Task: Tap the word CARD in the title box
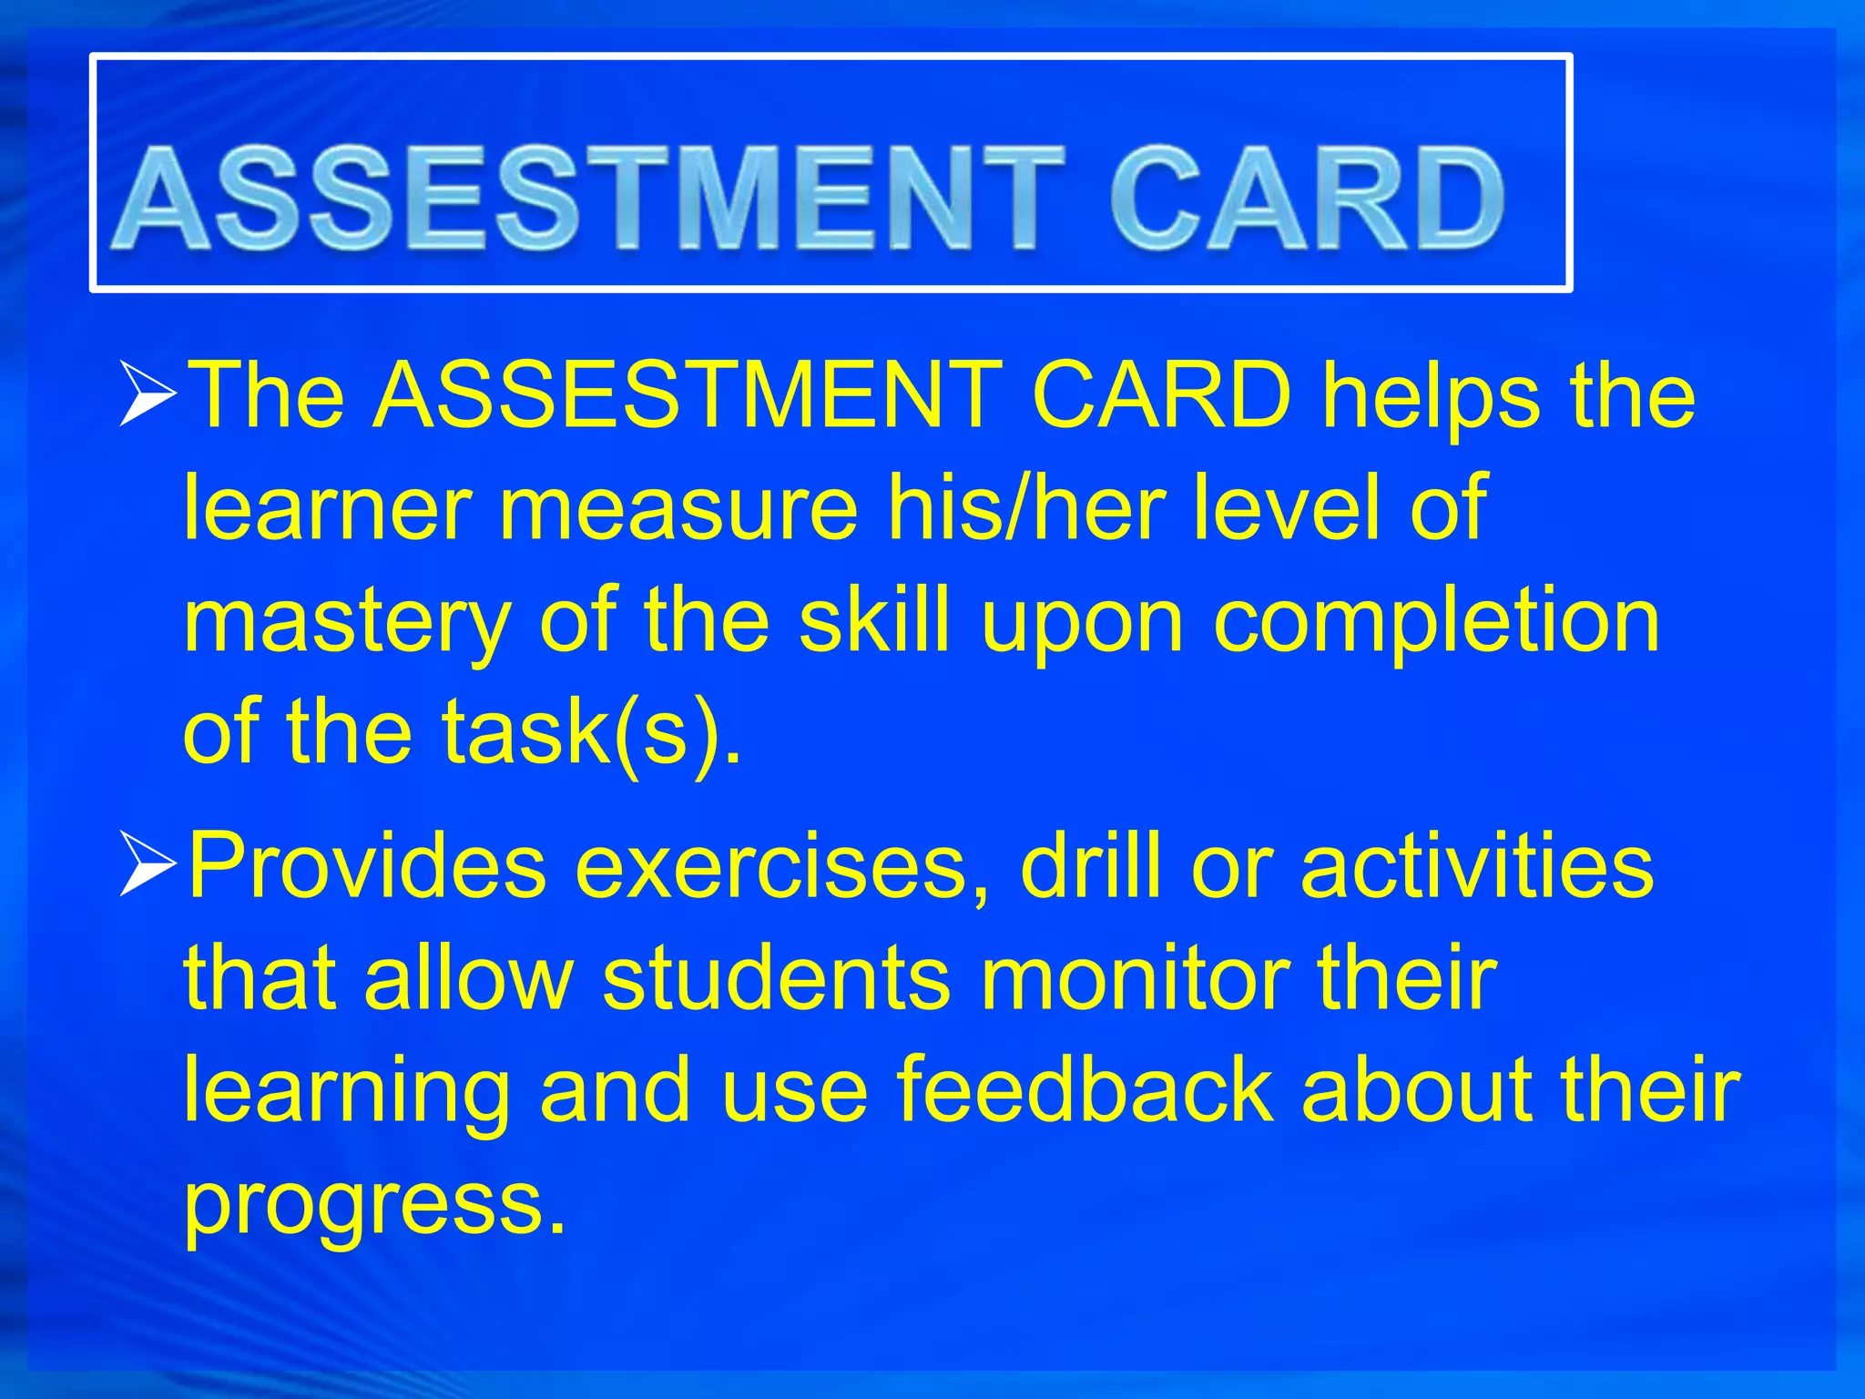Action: (x=1307, y=199)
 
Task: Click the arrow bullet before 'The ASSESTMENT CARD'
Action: (x=148, y=395)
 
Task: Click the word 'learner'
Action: (x=327, y=507)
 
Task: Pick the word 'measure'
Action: (x=678, y=507)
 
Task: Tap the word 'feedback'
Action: (x=1085, y=1090)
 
